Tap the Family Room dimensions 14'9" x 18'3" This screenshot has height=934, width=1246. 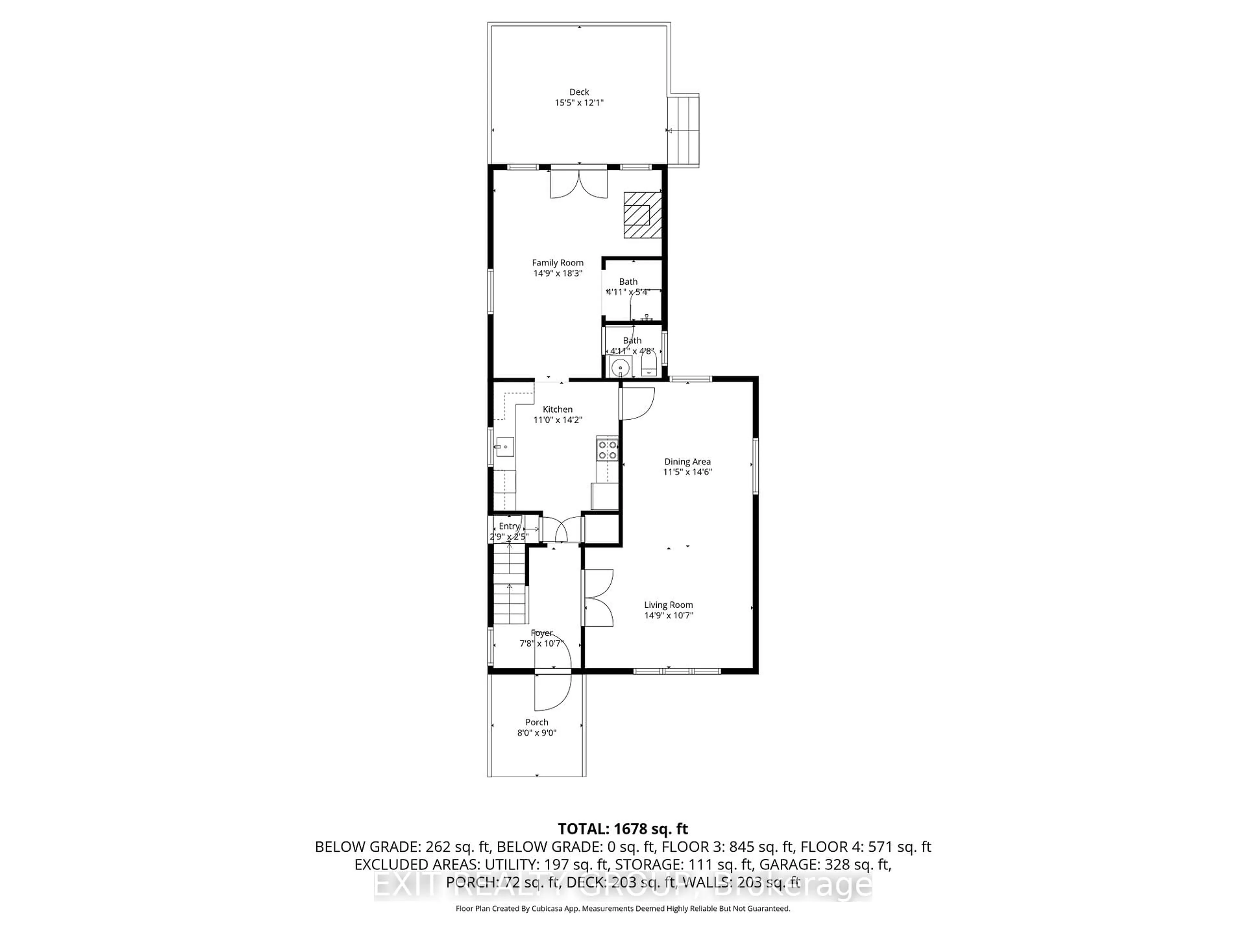pyautogui.click(x=558, y=273)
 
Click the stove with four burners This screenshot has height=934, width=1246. pyautogui.click(x=607, y=449)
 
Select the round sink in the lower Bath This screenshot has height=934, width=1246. pyautogui.click(x=620, y=367)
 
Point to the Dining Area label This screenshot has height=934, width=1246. pyautogui.click(x=687, y=462)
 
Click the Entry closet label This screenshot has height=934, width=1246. pyautogui.click(x=509, y=526)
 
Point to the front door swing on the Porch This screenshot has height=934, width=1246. pyautogui.click(x=552, y=692)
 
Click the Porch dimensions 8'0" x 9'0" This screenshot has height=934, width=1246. pyautogui.click(x=536, y=733)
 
